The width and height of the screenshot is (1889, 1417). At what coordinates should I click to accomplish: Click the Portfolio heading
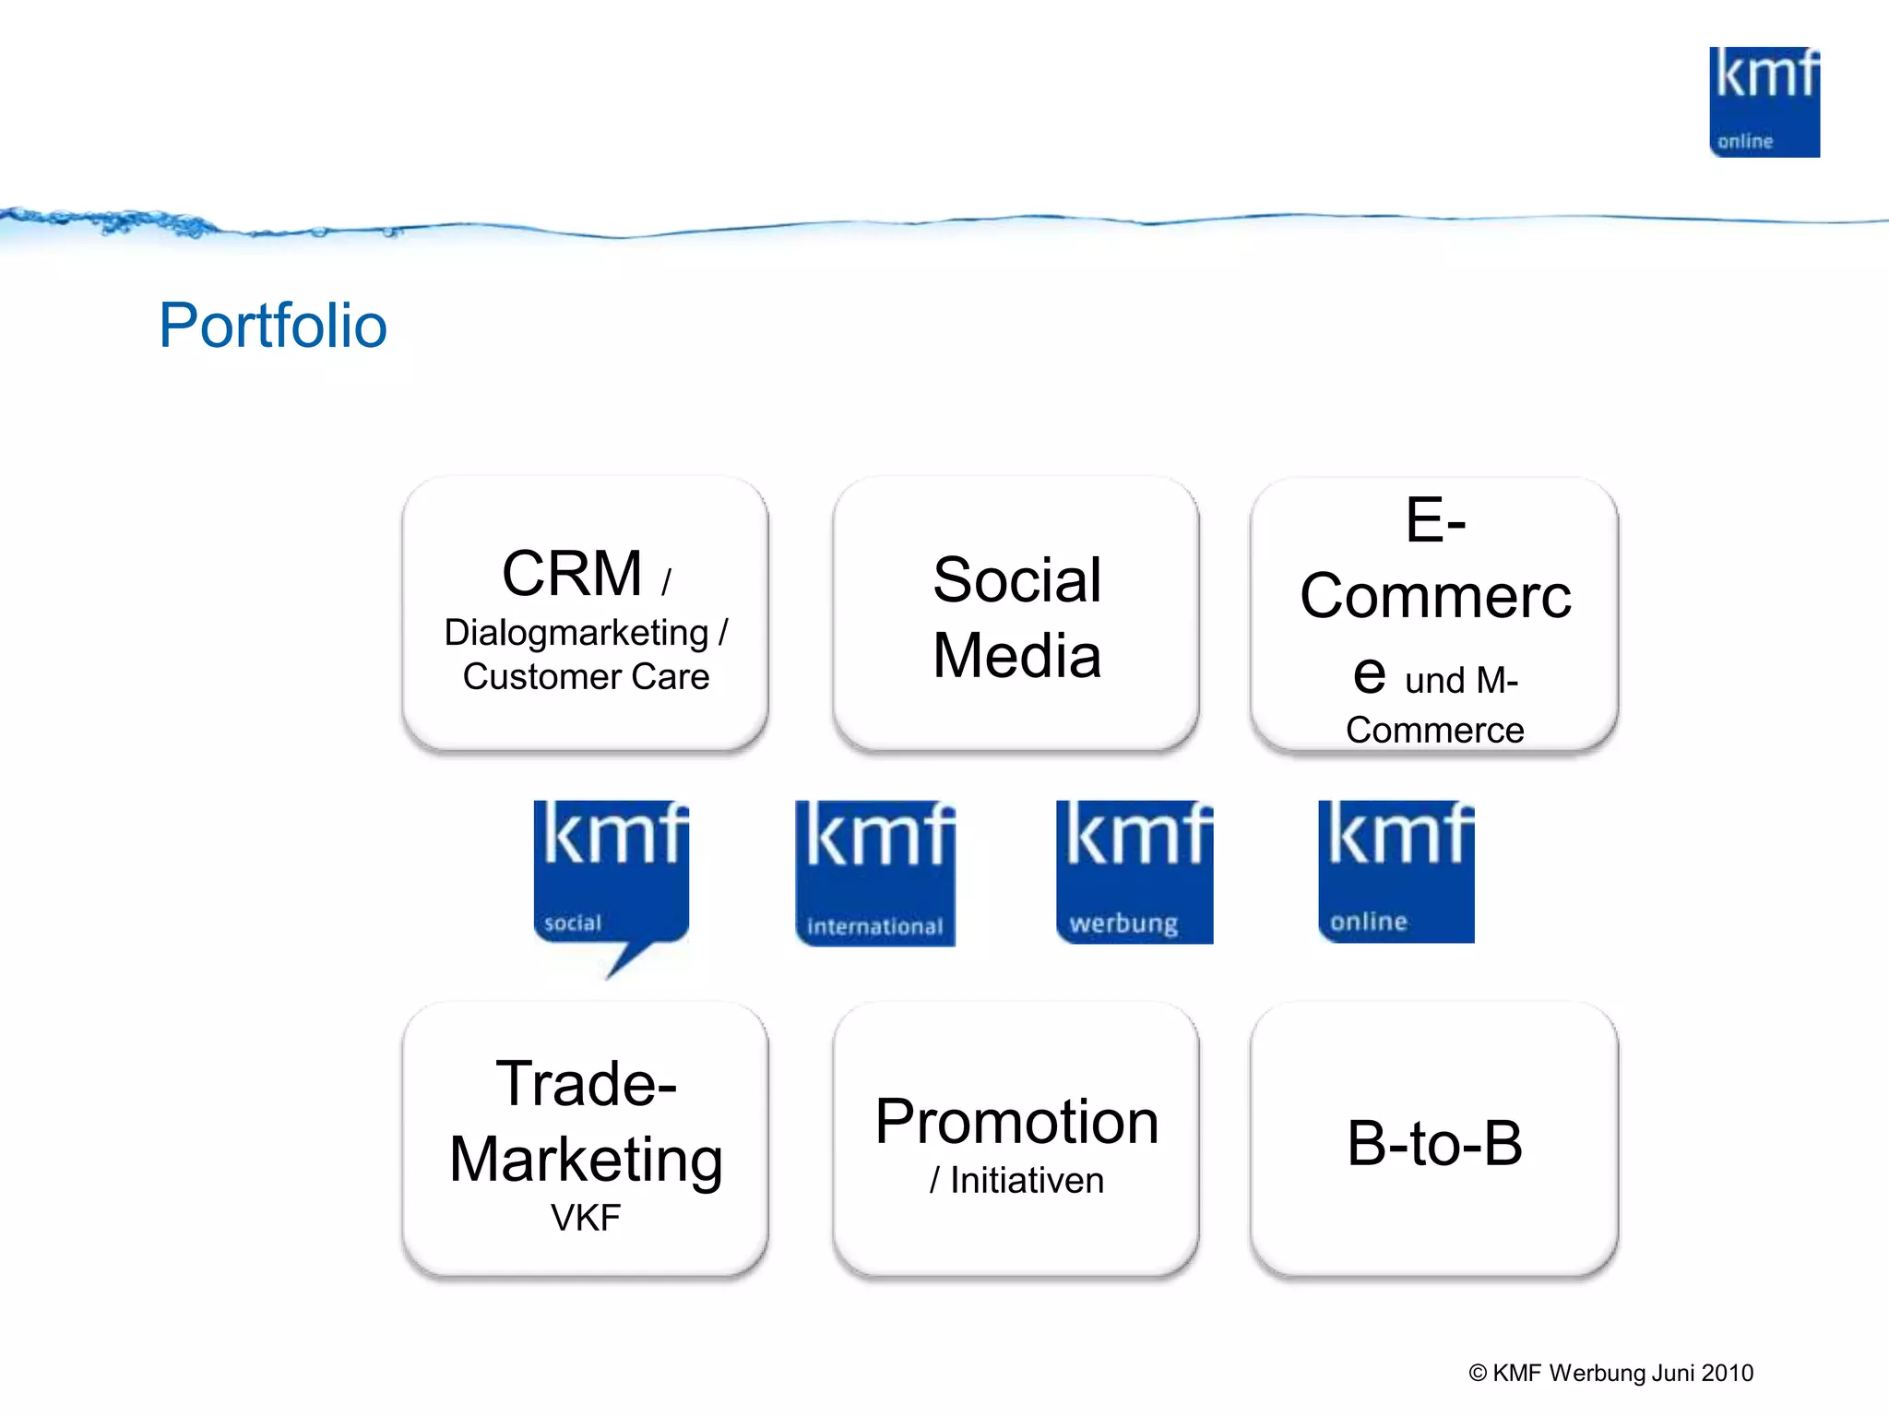pos(273,326)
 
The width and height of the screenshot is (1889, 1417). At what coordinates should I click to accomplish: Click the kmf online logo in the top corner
pos(1764,102)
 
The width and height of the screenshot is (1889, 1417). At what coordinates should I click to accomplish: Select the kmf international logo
pos(874,873)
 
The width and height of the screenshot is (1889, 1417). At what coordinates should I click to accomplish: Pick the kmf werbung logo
pos(1134,872)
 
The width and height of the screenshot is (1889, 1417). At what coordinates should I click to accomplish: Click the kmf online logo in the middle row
pos(1396,871)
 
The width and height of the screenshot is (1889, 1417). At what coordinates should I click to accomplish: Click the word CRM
pos(572,574)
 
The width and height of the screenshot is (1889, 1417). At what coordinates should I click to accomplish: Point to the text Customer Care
pos(586,677)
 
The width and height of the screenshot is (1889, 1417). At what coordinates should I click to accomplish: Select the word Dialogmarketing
pos(576,633)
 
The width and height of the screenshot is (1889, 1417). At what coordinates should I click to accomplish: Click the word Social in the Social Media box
pos(1016,580)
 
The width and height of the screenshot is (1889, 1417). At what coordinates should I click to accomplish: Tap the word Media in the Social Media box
pos(1016,656)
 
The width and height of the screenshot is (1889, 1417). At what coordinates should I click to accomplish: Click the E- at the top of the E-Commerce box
pos(1434,519)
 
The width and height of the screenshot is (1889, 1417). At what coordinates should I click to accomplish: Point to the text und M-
pos(1461,681)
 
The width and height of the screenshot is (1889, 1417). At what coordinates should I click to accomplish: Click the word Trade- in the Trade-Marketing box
pos(586,1083)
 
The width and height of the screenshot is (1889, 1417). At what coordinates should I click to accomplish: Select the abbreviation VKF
pos(586,1218)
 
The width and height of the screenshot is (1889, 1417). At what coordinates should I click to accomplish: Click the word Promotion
pos(1016,1122)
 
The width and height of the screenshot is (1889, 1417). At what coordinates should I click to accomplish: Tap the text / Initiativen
pos(1016,1181)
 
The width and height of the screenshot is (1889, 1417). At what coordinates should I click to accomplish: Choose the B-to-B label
pos(1434,1144)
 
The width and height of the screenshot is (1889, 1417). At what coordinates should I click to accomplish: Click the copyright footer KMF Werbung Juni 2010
pos(1610,1373)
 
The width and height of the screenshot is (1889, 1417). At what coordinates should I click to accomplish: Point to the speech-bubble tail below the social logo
pos(627,959)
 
